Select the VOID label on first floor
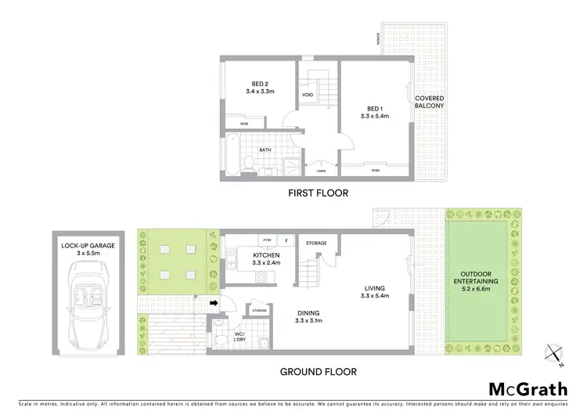308,96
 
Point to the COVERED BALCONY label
430,102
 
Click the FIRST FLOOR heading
318,193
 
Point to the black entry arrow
214,301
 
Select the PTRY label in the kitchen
267,240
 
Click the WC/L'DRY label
239,337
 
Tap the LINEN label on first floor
321,170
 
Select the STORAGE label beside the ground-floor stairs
316,243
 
